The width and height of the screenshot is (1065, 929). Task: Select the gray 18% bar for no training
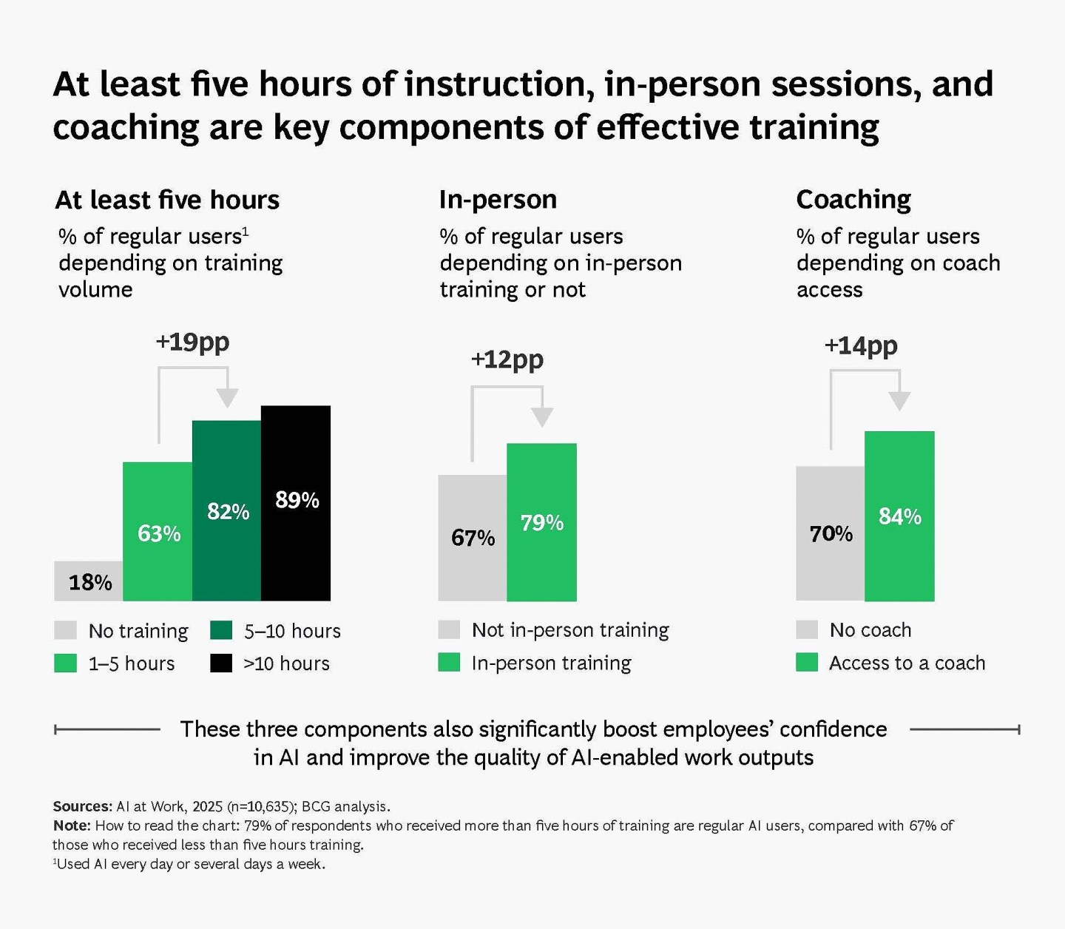(89, 581)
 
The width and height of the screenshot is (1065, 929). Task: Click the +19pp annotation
(192, 342)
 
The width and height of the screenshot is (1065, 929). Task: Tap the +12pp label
(507, 359)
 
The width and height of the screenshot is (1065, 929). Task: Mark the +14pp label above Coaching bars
(861, 345)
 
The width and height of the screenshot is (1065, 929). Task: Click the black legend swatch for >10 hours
(221, 663)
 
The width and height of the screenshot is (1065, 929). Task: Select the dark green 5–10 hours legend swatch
(221, 630)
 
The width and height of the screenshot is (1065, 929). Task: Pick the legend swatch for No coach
(807, 629)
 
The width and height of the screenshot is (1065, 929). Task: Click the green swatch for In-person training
(449, 662)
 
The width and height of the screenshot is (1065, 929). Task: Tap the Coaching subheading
(853, 200)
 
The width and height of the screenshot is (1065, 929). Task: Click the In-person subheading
(498, 200)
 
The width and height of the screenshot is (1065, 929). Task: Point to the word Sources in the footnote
(81, 806)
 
